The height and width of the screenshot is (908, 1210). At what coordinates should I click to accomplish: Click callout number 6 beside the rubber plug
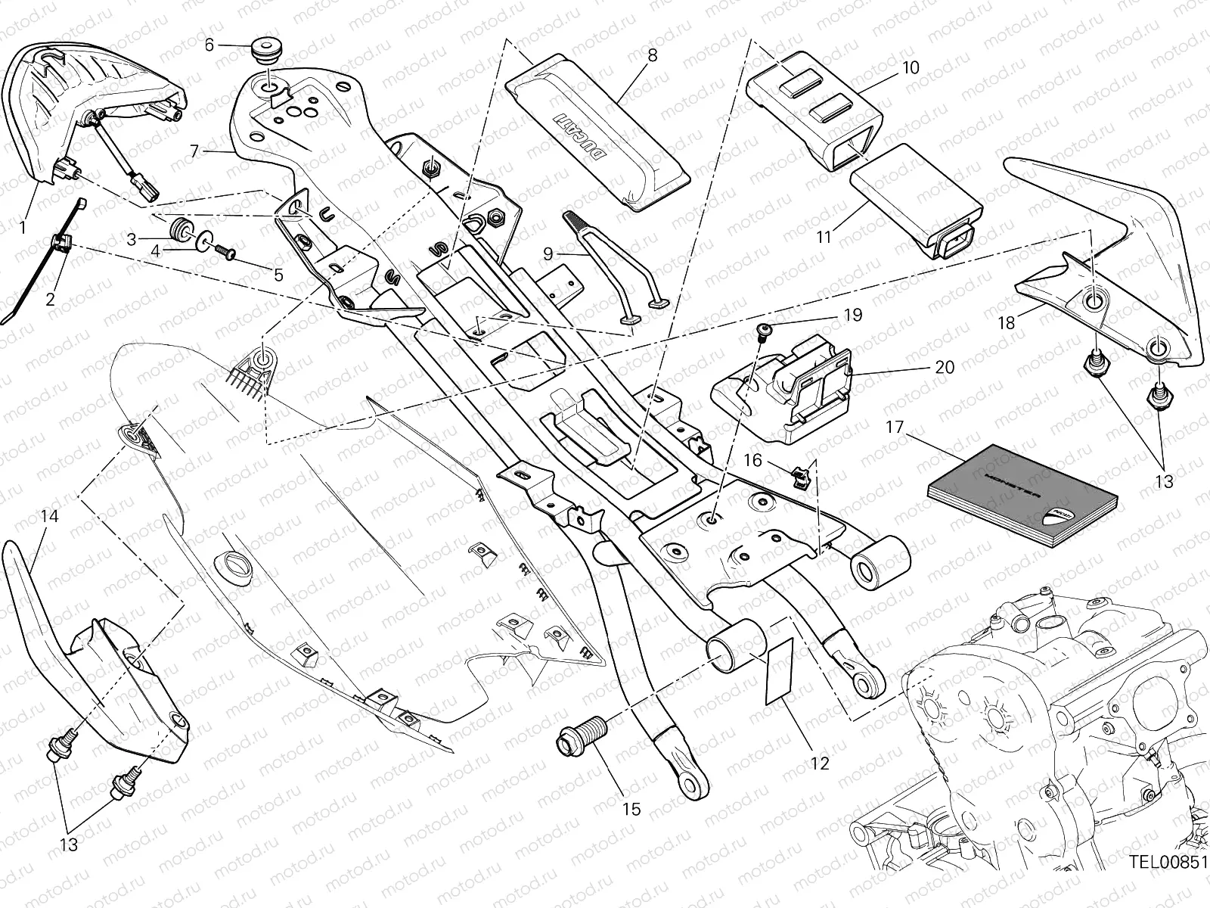click(209, 45)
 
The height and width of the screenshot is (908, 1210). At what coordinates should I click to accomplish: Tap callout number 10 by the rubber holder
click(911, 67)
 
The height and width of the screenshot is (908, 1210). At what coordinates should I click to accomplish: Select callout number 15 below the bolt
click(631, 810)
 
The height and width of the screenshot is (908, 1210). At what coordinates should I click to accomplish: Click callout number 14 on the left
click(49, 516)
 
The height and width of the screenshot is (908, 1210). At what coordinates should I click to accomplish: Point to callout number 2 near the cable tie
click(50, 299)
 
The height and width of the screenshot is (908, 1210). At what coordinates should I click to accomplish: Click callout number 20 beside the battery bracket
click(945, 367)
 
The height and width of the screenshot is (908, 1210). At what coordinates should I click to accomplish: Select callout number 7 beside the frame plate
click(194, 151)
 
